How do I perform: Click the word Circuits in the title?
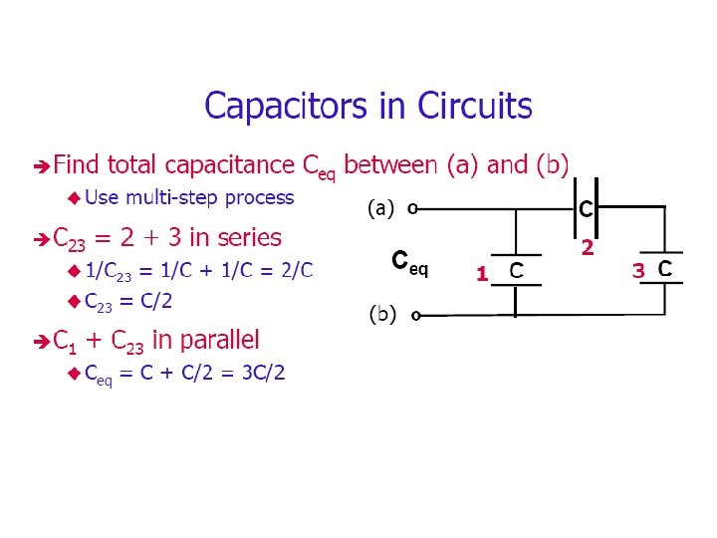[474, 106]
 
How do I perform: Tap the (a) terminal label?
[381, 209]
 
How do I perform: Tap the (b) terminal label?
[383, 315]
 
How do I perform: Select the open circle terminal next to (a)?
[412, 210]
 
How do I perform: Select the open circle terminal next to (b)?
[415, 316]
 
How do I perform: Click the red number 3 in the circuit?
[638, 271]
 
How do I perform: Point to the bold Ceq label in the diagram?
[410, 263]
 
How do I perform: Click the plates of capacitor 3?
[661, 268]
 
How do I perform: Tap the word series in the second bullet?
[249, 238]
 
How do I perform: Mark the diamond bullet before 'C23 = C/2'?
[73, 301]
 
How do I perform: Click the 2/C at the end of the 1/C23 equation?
[296, 270]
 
